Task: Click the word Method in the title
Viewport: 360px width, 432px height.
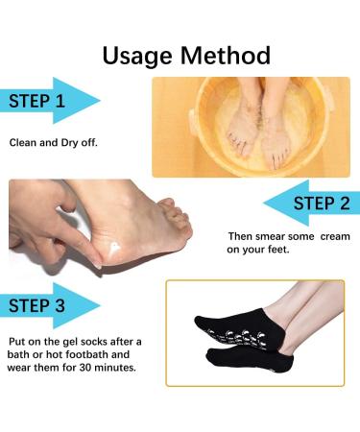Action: coord(226,56)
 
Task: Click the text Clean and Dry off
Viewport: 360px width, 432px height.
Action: coord(53,142)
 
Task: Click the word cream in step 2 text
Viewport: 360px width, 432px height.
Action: coord(335,236)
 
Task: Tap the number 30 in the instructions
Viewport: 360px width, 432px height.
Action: coord(85,367)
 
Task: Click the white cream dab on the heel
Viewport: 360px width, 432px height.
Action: coord(112,249)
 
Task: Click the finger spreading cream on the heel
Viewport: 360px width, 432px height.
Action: coord(80,243)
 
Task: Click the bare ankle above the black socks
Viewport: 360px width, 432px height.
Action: coord(281,324)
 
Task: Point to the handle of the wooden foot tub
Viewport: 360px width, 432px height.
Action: coord(193,123)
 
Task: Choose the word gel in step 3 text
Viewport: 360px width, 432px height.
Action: coord(70,342)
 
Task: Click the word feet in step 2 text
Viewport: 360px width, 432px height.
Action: coord(278,250)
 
